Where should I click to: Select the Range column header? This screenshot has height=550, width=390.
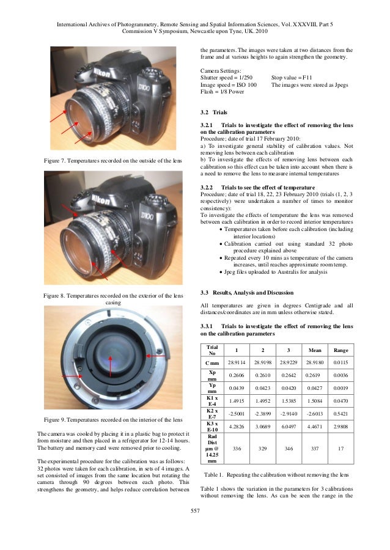340,350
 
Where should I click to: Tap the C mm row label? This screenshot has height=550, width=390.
212,363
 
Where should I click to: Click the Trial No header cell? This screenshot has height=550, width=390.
212,350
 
